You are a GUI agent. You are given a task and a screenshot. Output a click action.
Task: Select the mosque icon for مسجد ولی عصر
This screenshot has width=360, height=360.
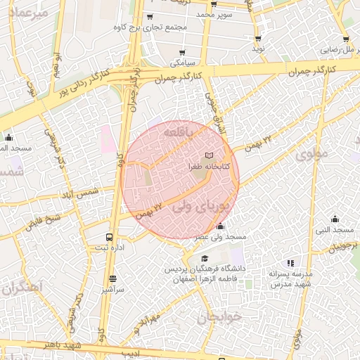[x=221, y=226]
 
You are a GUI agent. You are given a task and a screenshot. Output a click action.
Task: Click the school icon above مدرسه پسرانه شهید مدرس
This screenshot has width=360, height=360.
[x=291, y=262]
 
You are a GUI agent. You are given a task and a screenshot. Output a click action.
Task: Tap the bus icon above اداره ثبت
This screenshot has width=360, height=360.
[x=108, y=237]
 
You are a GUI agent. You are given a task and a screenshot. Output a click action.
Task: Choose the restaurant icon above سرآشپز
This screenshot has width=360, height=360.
[x=112, y=278]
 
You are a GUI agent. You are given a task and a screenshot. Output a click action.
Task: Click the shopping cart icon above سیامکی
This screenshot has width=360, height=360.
[x=182, y=53]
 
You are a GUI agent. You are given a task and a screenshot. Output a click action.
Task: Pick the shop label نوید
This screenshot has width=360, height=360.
[x=259, y=49]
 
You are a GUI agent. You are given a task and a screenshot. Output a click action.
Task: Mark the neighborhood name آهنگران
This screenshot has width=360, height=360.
[x=22, y=287]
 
